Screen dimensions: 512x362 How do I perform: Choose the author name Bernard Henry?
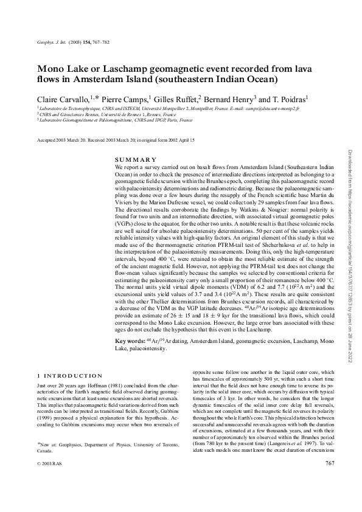point(232,98)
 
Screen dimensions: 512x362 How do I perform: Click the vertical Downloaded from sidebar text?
point(351,255)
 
